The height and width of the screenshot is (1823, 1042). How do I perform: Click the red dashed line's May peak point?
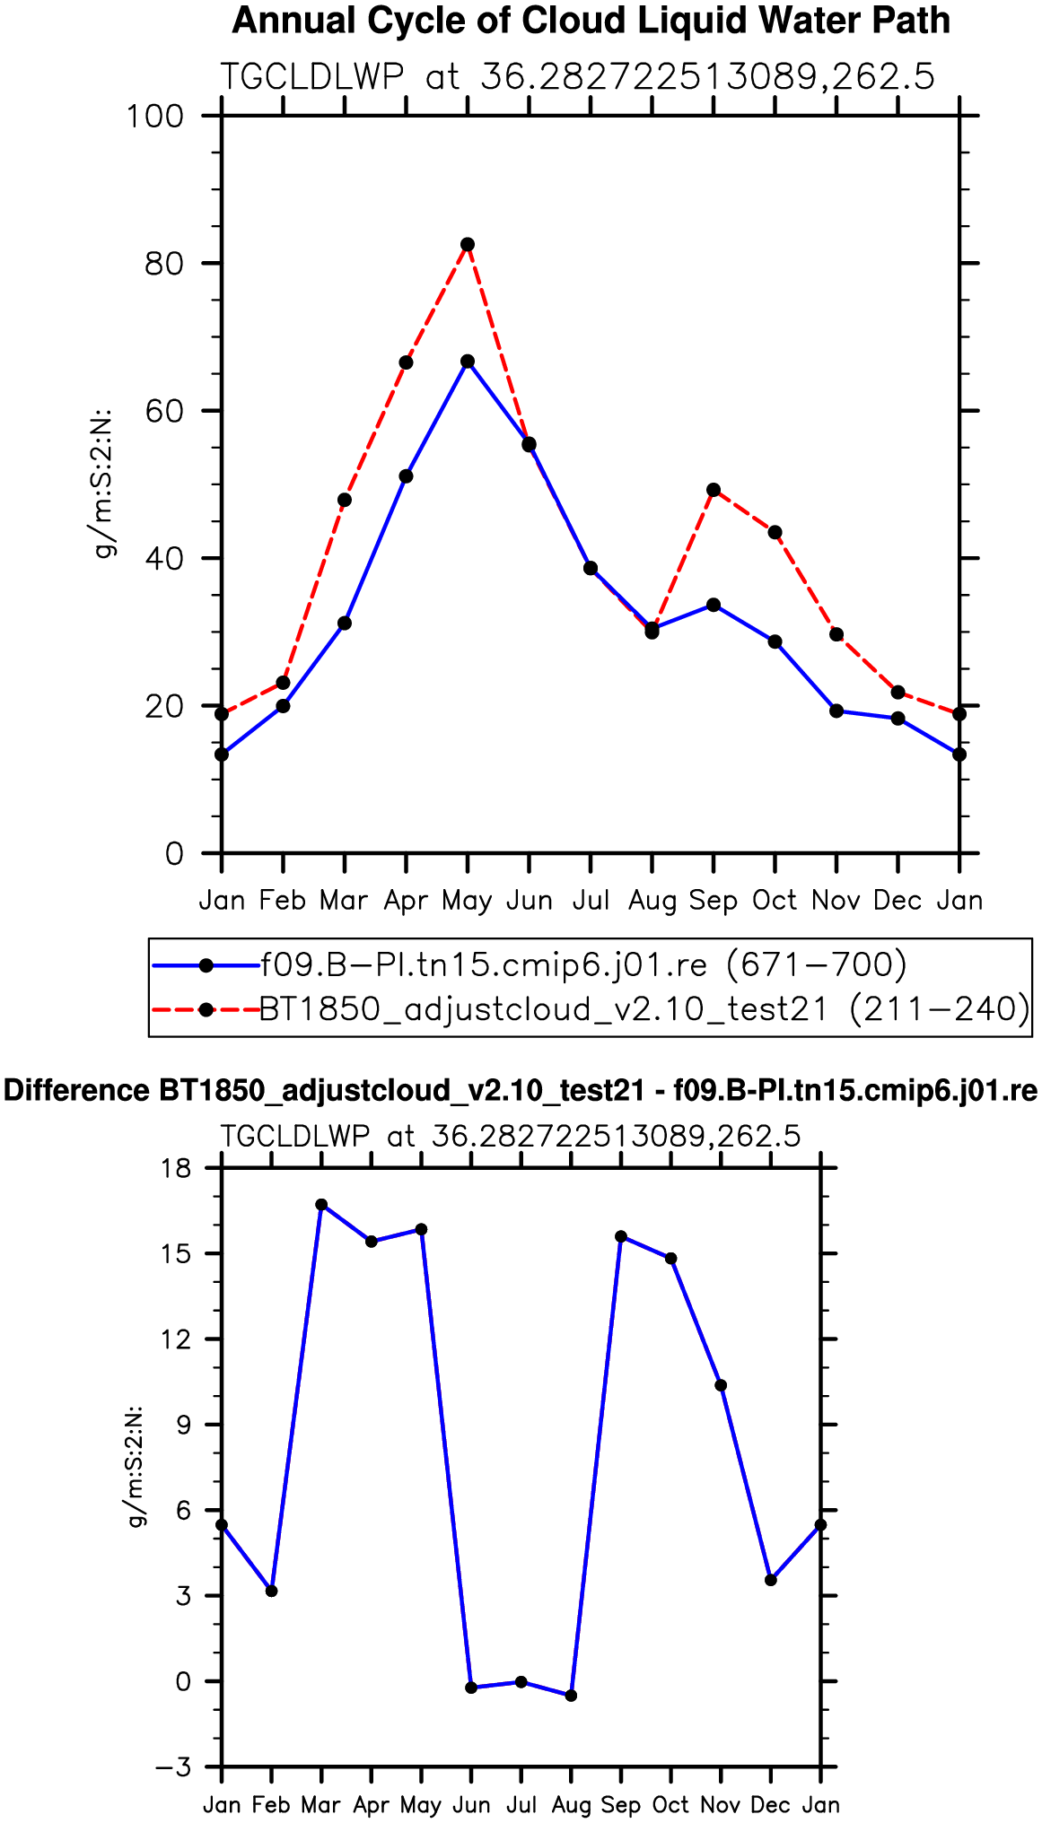coord(468,244)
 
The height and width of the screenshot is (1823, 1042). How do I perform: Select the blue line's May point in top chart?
coord(468,362)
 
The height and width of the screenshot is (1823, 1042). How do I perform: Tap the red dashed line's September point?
coord(714,490)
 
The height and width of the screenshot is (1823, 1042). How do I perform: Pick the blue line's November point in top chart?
coord(836,711)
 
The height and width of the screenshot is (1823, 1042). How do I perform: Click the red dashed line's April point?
coord(406,362)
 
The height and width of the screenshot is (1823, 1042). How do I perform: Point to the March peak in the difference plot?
coord(321,1205)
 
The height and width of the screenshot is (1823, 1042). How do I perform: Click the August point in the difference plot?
coord(571,1696)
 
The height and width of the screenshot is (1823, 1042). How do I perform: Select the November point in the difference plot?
coord(721,1385)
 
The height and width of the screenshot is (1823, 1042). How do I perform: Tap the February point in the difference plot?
coord(272,1591)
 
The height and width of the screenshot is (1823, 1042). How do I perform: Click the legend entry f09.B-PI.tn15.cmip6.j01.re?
coord(584,965)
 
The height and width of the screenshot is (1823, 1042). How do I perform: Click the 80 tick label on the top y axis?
coord(164,264)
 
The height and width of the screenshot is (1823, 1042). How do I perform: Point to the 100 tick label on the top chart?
coord(154,116)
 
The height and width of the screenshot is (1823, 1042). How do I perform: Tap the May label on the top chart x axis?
coord(467,901)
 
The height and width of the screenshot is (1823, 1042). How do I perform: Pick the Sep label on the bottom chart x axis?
coord(621,1805)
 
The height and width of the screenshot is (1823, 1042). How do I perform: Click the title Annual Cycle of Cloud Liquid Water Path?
coord(591,21)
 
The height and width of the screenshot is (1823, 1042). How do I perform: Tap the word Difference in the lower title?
coord(77,1091)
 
